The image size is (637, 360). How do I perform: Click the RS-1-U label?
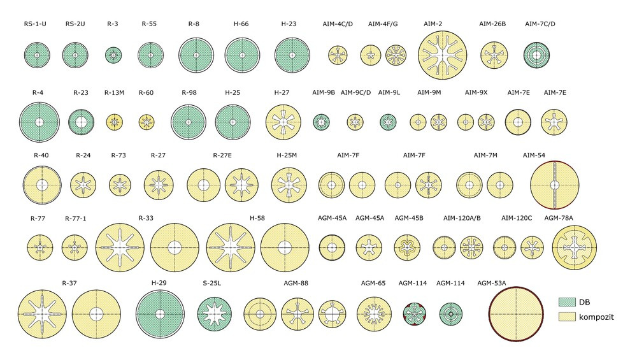(x=34, y=24)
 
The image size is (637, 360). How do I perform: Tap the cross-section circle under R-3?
(x=113, y=55)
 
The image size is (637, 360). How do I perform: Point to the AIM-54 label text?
(x=534, y=155)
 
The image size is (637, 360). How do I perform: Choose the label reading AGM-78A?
(x=559, y=218)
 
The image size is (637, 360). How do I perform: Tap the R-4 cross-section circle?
(x=39, y=122)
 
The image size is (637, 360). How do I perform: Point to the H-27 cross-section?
(x=283, y=122)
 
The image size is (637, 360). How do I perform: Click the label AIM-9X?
(x=476, y=92)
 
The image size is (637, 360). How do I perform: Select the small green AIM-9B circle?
(x=321, y=122)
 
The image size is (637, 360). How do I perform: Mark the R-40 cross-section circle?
(x=42, y=185)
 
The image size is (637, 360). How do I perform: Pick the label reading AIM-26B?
(x=492, y=24)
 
